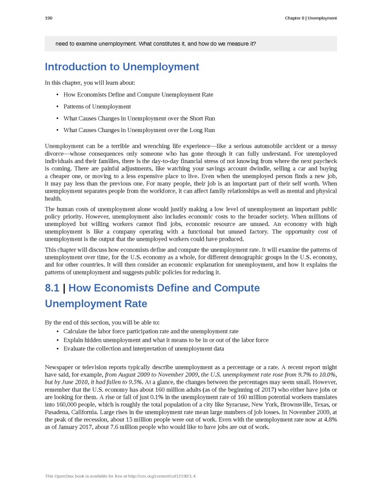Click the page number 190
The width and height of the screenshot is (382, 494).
tap(49, 18)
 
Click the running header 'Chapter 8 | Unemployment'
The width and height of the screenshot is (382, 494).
tap(310, 18)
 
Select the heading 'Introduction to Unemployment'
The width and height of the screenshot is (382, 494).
tap(122, 67)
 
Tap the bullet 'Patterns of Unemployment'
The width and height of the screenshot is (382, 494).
tap(97, 107)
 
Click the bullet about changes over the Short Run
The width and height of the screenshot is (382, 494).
tap(139, 118)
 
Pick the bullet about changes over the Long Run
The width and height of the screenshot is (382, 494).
tap(139, 130)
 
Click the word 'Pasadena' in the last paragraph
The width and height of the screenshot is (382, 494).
tap(59, 411)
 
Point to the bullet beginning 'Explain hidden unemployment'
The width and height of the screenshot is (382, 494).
tap(166, 340)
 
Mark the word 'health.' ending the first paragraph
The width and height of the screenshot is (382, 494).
tap(53, 198)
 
